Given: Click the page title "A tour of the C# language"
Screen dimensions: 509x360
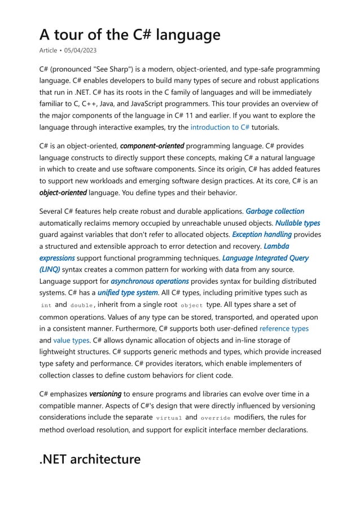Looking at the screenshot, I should pyautogui.click(x=129, y=35).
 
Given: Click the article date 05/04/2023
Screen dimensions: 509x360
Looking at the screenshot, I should pyautogui.click(x=81, y=51).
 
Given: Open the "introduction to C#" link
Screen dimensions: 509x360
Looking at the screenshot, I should pyautogui.click(x=219, y=128).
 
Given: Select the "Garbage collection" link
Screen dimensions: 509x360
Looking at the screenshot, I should pyautogui.click(x=275, y=211).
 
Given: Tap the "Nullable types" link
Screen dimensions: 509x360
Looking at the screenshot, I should pyautogui.click(x=297, y=222).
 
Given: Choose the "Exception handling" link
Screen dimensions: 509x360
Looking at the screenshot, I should pyautogui.click(x=262, y=234).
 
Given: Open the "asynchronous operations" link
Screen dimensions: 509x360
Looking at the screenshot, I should pyautogui.click(x=150, y=281).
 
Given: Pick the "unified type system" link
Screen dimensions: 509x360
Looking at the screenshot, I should pyautogui.click(x=128, y=293).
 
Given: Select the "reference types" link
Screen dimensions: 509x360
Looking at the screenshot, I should pyautogui.click(x=284, y=328).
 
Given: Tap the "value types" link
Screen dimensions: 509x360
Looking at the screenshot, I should pyautogui.click(x=71, y=340).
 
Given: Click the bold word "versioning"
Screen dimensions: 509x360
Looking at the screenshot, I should pyautogui.click(x=106, y=394).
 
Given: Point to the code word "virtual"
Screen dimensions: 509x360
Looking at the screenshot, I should pyautogui.click(x=169, y=418).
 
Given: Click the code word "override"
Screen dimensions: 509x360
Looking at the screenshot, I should pyautogui.click(x=215, y=418).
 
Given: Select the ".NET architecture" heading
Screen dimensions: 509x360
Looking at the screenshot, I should pyautogui.click(x=90, y=459).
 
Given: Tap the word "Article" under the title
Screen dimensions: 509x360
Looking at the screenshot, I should pyautogui.click(x=48, y=51).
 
